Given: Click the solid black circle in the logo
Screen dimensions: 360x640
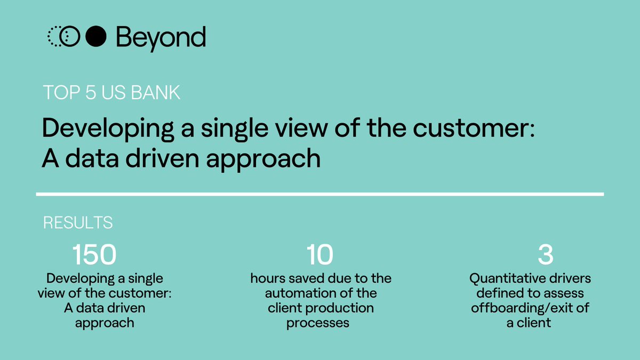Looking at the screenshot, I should [x=96, y=37].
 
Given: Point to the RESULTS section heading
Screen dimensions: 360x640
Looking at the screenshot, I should [x=78, y=222].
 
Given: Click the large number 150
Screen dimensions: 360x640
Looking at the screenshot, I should [x=94, y=255].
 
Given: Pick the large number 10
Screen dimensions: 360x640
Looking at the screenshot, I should [x=319, y=255].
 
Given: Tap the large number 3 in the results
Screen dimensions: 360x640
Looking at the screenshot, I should [x=545, y=255].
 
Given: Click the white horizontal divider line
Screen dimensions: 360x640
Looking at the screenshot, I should [x=320, y=194].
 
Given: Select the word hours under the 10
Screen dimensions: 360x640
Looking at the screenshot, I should [x=266, y=278].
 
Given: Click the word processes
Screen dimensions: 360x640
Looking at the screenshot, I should [x=318, y=323].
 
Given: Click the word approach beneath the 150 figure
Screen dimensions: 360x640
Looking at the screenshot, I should [x=105, y=323].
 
